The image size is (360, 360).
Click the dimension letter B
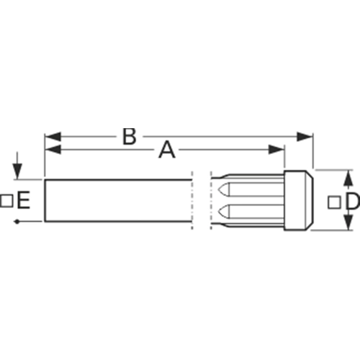point(130,137)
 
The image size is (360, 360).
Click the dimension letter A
point(167,150)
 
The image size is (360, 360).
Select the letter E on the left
point(24,200)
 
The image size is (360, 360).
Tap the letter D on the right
point(353,201)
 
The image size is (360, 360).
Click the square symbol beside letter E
point(6,201)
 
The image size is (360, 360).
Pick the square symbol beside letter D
point(334,202)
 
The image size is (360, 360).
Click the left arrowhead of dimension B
point(53,137)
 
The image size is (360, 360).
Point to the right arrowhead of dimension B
point(305,137)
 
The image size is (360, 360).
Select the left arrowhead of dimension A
point(53,150)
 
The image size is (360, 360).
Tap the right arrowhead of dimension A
point(276,150)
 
